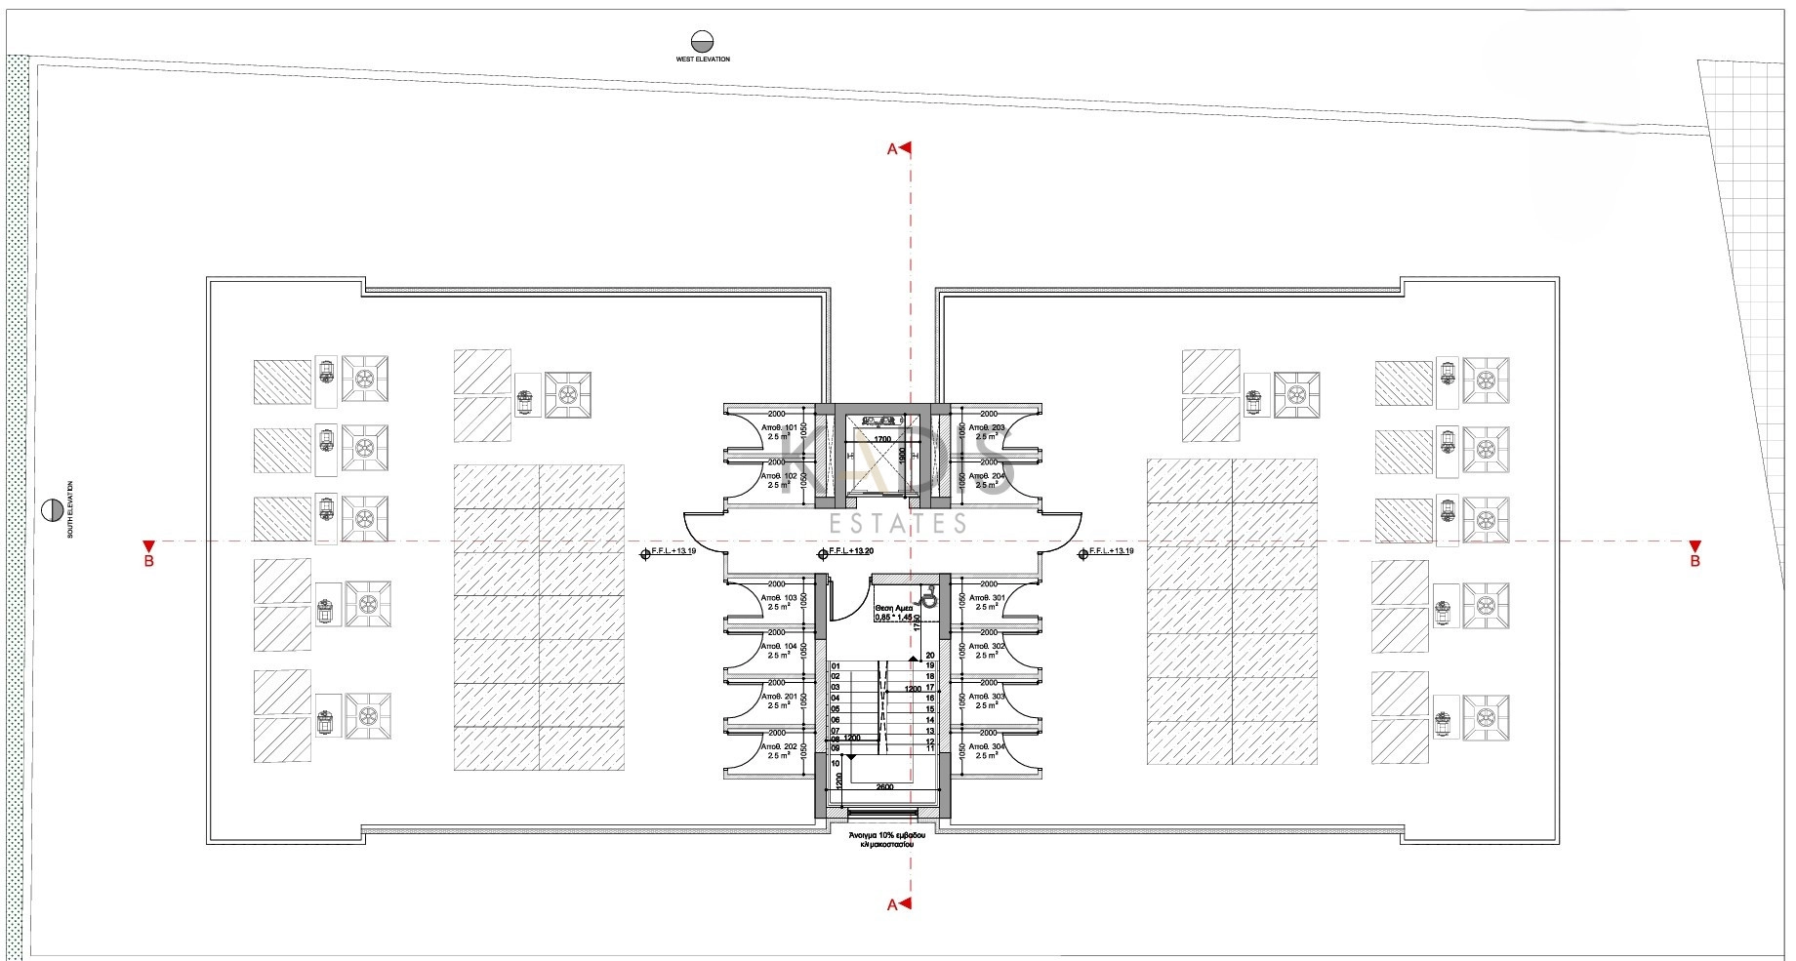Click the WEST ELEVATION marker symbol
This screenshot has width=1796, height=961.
701,41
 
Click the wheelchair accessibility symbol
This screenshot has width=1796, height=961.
928,598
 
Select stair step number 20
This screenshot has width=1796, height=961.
930,656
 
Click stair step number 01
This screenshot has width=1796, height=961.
836,666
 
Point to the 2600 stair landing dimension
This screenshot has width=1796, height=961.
884,787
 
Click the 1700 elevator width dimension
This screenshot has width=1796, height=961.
881,440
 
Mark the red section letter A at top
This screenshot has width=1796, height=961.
891,149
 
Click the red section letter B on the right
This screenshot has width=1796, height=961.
1695,562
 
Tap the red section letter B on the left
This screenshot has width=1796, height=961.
148,562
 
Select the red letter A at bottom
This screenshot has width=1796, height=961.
891,905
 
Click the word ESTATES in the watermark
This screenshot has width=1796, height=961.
898,524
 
